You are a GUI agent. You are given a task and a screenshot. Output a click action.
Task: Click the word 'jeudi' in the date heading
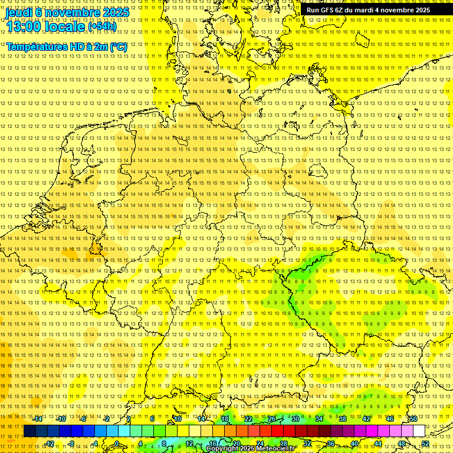pyautogui.click(x=19, y=12)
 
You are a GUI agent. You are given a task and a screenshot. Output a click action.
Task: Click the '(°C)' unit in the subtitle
pyautogui.click(x=118, y=47)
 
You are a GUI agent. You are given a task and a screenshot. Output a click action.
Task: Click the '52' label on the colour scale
pyautogui.click(x=425, y=444)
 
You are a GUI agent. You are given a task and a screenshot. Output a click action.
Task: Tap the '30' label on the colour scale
pyautogui.click(x=295, y=419)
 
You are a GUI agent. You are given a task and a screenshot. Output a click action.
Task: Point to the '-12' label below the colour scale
pyautogui.click(x=49, y=444)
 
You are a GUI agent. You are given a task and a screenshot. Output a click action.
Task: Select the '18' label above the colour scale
pyautogui.click(x=224, y=419)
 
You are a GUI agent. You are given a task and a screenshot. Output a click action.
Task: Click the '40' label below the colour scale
pyautogui.click(x=354, y=444)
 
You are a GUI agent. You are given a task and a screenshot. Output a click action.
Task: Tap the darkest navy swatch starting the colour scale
pyautogui.click(x=29, y=431)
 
